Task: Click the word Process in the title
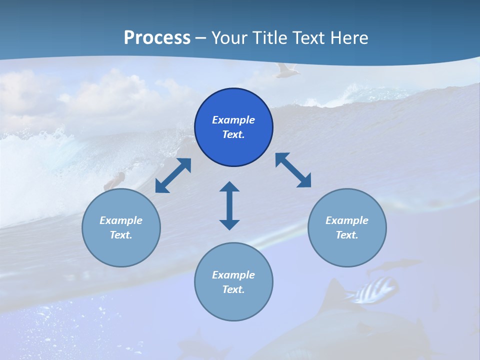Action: (157, 38)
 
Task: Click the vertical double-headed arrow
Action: (229, 205)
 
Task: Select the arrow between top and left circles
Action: (173, 175)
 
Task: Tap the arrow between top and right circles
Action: (293, 170)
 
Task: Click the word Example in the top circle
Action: (233, 120)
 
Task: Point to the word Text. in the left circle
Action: (121, 235)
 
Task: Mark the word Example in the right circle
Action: (347, 220)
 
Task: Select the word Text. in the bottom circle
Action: (233, 289)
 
